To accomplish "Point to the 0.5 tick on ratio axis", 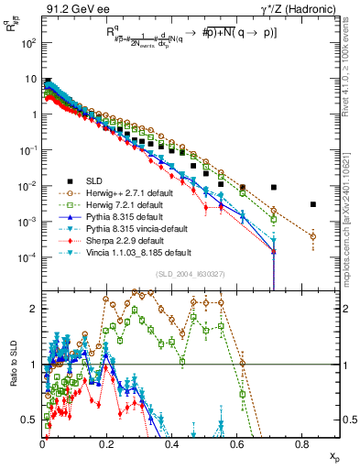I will [31, 420].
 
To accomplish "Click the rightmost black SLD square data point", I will [313, 204].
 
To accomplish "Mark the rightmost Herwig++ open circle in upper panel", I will [313, 236].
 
